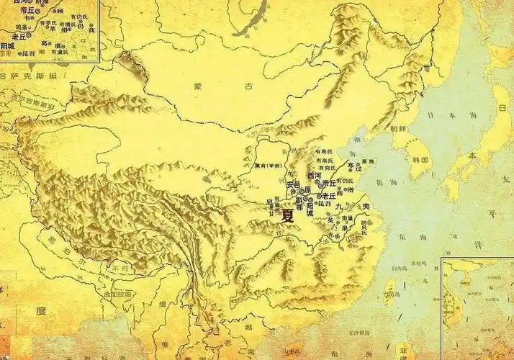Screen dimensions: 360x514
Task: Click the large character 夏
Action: (x=287, y=215)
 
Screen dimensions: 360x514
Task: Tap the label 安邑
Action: (x=292, y=184)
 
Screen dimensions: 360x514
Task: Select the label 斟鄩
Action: (x=294, y=206)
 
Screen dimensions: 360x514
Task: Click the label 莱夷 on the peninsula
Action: (x=368, y=161)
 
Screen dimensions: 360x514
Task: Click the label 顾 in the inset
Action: (x=60, y=12)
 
